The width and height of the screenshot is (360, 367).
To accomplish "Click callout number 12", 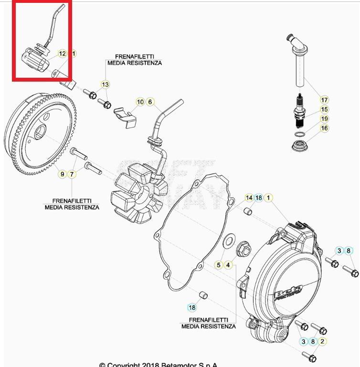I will (63, 54).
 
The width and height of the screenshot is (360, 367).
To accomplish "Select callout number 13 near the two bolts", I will (105, 84).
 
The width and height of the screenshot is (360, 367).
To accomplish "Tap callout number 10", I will (140, 102).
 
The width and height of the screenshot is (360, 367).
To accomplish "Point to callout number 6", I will (150, 102).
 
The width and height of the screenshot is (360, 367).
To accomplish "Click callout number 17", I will (325, 100).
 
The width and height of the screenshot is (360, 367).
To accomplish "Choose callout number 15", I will (325, 109).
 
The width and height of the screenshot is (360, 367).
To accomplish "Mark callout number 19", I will (325, 119).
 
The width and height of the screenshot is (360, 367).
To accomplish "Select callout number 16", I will (325, 128).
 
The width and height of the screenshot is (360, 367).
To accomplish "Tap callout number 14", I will (249, 198).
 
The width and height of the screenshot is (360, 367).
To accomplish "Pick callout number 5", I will (219, 264).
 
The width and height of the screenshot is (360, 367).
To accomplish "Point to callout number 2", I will (322, 341).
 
